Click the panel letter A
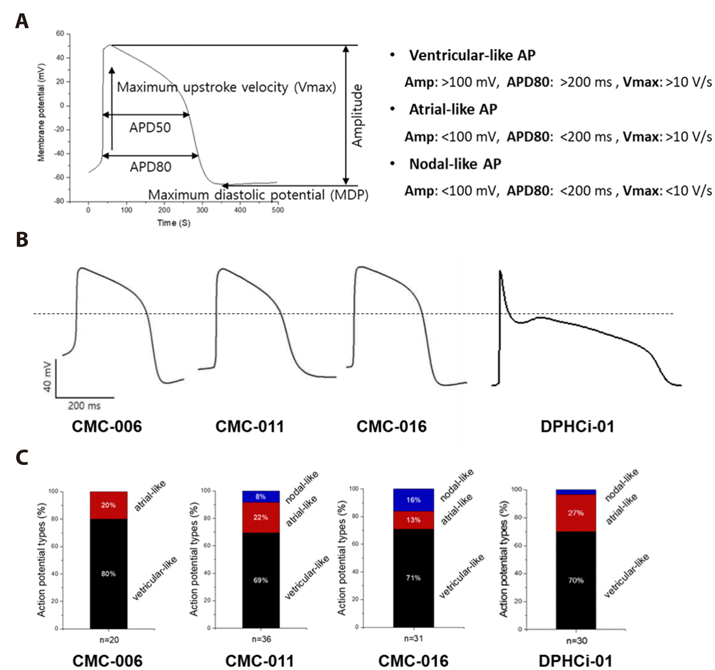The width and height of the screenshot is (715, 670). point(22,21)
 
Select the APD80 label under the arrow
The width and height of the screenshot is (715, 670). point(150,167)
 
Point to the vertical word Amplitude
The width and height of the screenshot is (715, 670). point(357,116)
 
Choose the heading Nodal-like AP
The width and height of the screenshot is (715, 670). point(455,164)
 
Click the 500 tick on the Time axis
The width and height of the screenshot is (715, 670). point(278,210)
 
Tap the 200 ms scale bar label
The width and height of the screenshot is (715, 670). point(84,406)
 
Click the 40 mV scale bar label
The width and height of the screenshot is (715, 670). point(47,377)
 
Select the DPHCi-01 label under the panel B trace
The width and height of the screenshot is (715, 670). point(577,427)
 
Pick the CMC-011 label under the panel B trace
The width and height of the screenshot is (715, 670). point(249,427)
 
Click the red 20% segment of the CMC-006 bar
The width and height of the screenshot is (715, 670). point(108,505)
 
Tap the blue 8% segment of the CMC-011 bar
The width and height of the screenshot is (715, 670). point(261,497)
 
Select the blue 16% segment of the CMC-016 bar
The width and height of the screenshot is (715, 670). point(413,500)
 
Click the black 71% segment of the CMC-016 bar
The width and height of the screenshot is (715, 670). point(413,578)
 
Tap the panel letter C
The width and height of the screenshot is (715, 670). point(22,457)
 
